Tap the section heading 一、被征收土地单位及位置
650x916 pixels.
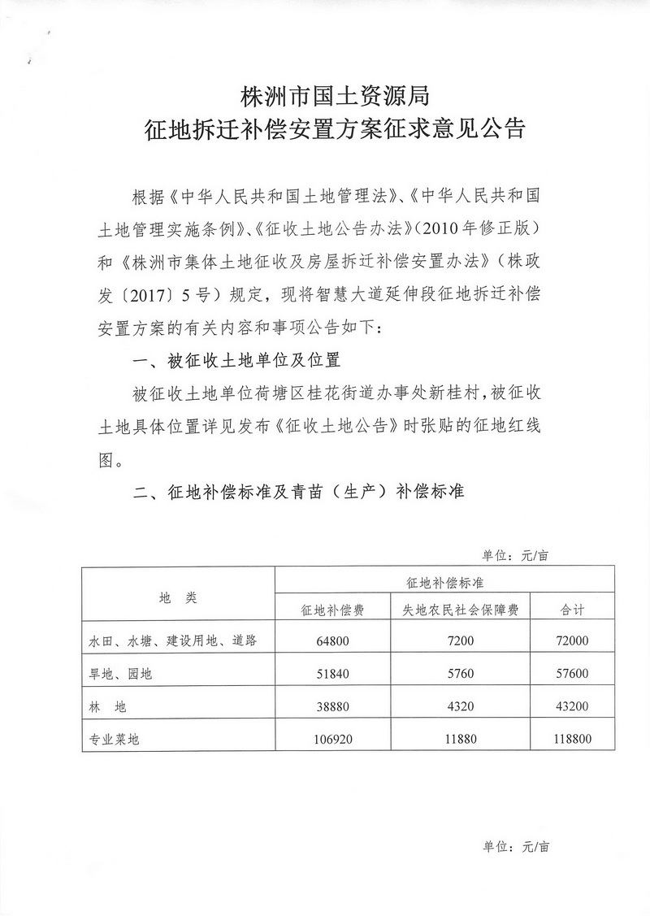[x=236, y=360]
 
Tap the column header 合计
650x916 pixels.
[x=574, y=609]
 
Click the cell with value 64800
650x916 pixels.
[x=332, y=641]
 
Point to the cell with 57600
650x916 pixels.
[x=574, y=674]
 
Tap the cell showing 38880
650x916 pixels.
[x=332, y=707]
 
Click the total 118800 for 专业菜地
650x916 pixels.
[x=574, y=740]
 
